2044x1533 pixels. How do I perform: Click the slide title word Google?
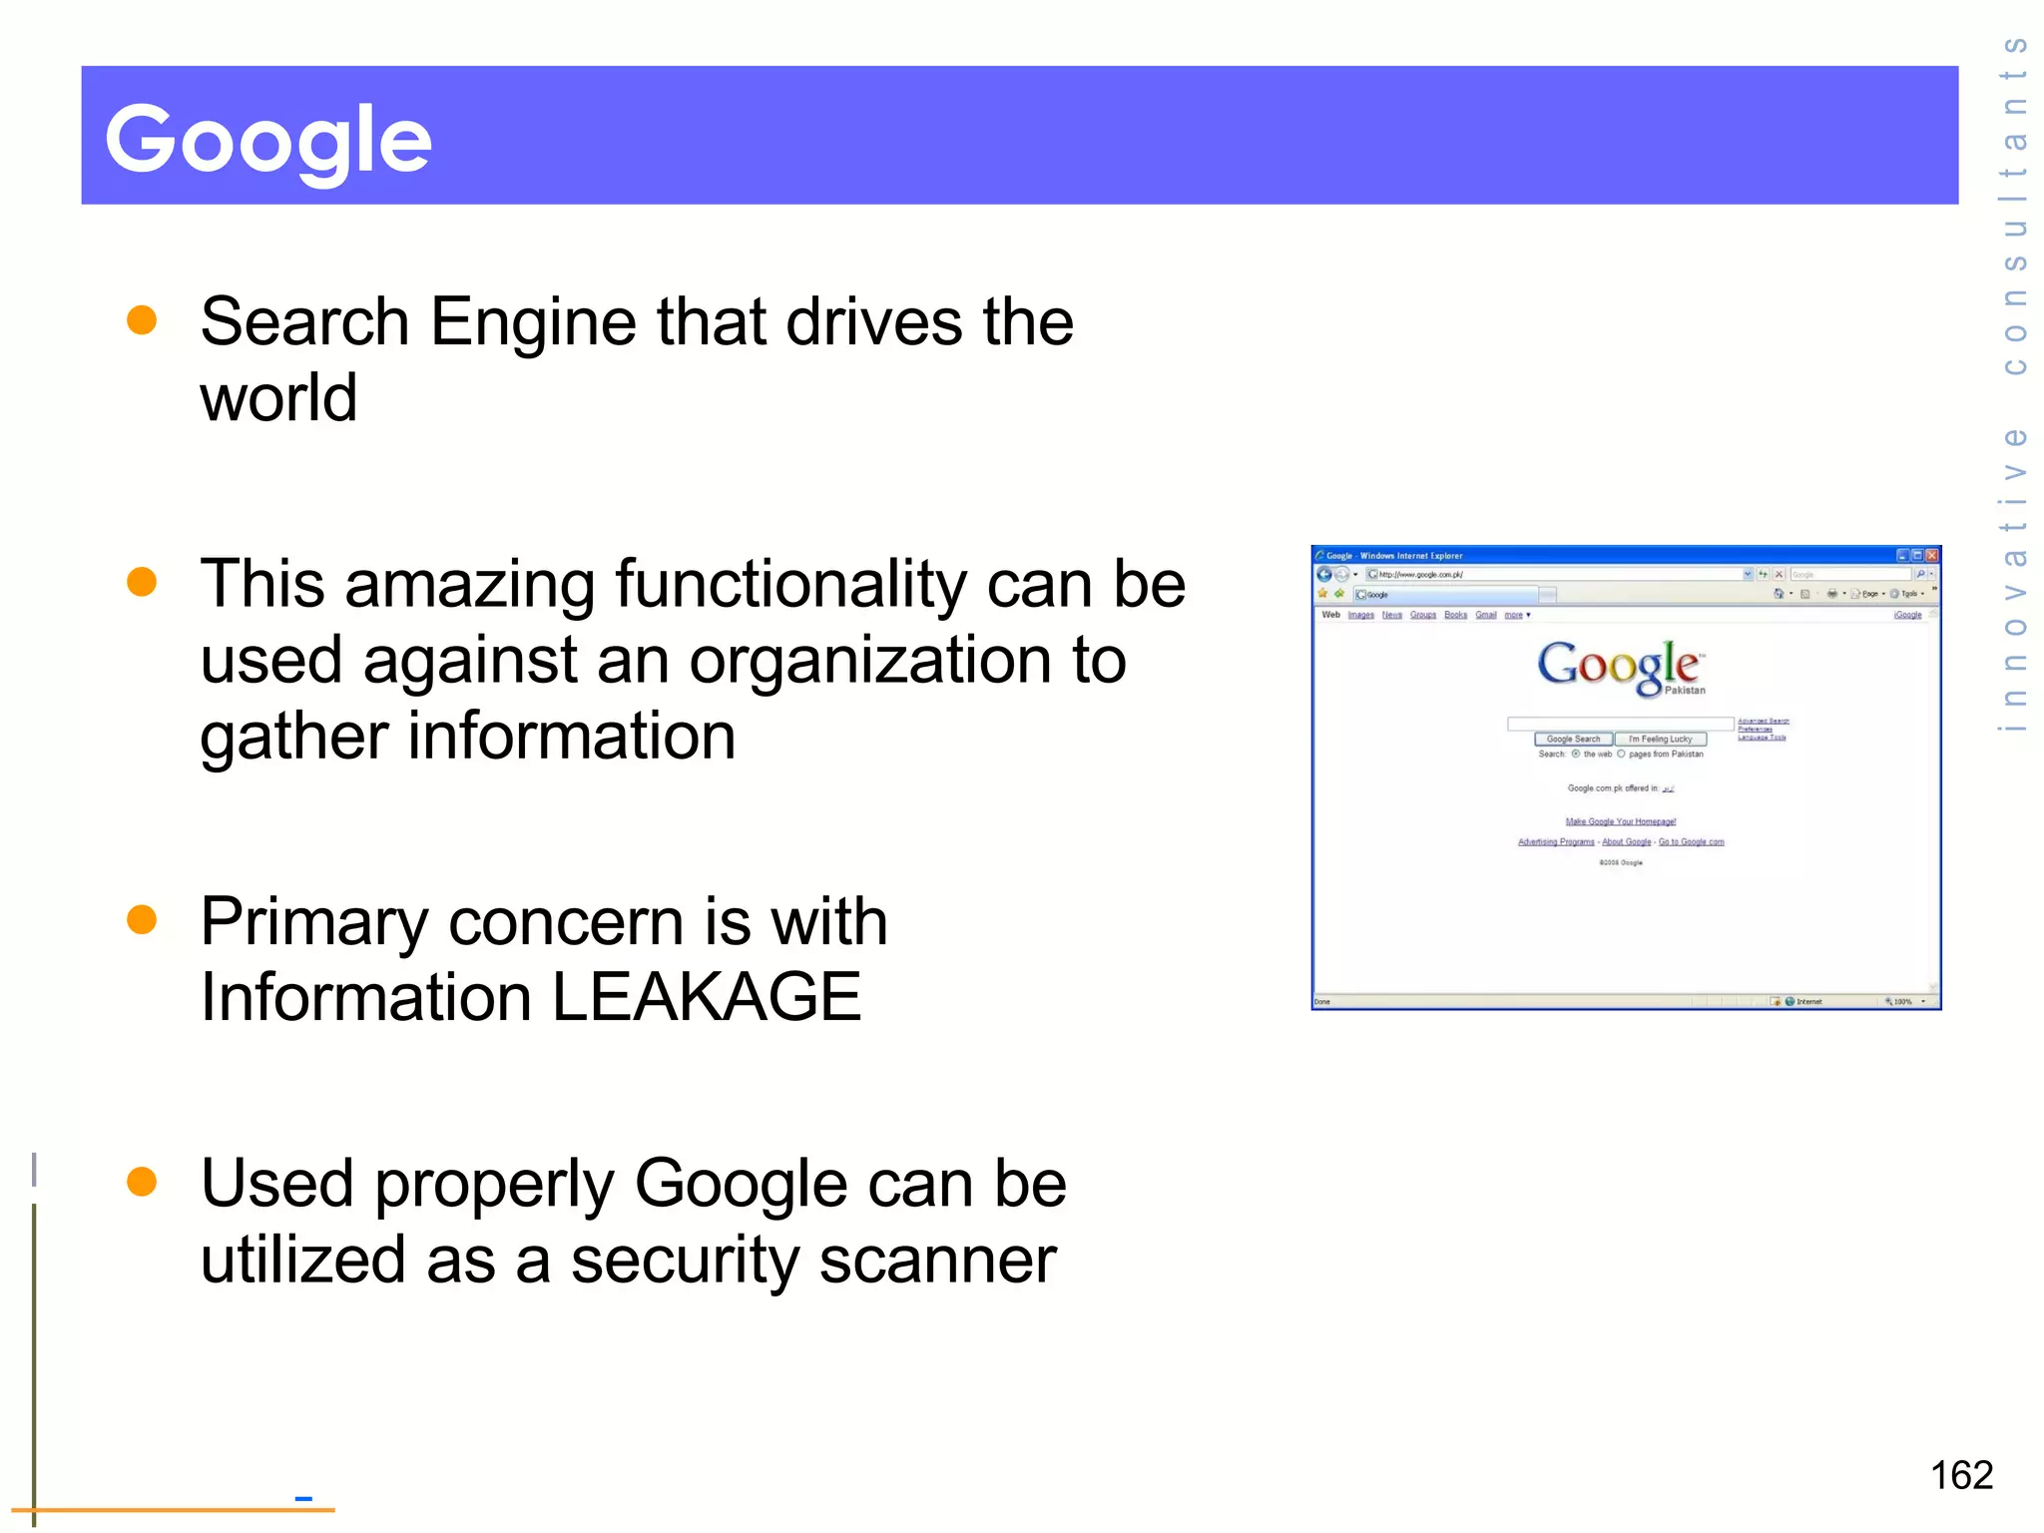[x=268, y=140]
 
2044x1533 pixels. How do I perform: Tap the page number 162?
[x=1961, y=1475]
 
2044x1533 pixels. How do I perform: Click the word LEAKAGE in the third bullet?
[x=706, y=997]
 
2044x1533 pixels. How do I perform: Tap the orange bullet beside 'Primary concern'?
[x=143, y=920]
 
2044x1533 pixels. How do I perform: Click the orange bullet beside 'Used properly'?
[x=143, y=1182]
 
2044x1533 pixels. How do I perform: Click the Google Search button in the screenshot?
[x=1573, y=740]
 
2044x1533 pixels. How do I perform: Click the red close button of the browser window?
[x=1932, y=556]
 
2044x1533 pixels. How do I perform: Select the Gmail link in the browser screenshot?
[x=1486, y=615]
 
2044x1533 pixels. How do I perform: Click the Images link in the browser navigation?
[x=1360, y=615]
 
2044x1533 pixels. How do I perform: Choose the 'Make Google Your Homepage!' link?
[x=1620, y=821]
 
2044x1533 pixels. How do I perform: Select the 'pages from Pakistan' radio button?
[x=1622, y=755]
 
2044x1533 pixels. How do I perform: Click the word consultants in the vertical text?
[x=2015, y=205]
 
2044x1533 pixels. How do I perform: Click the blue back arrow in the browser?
[x=1324, y=574]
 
